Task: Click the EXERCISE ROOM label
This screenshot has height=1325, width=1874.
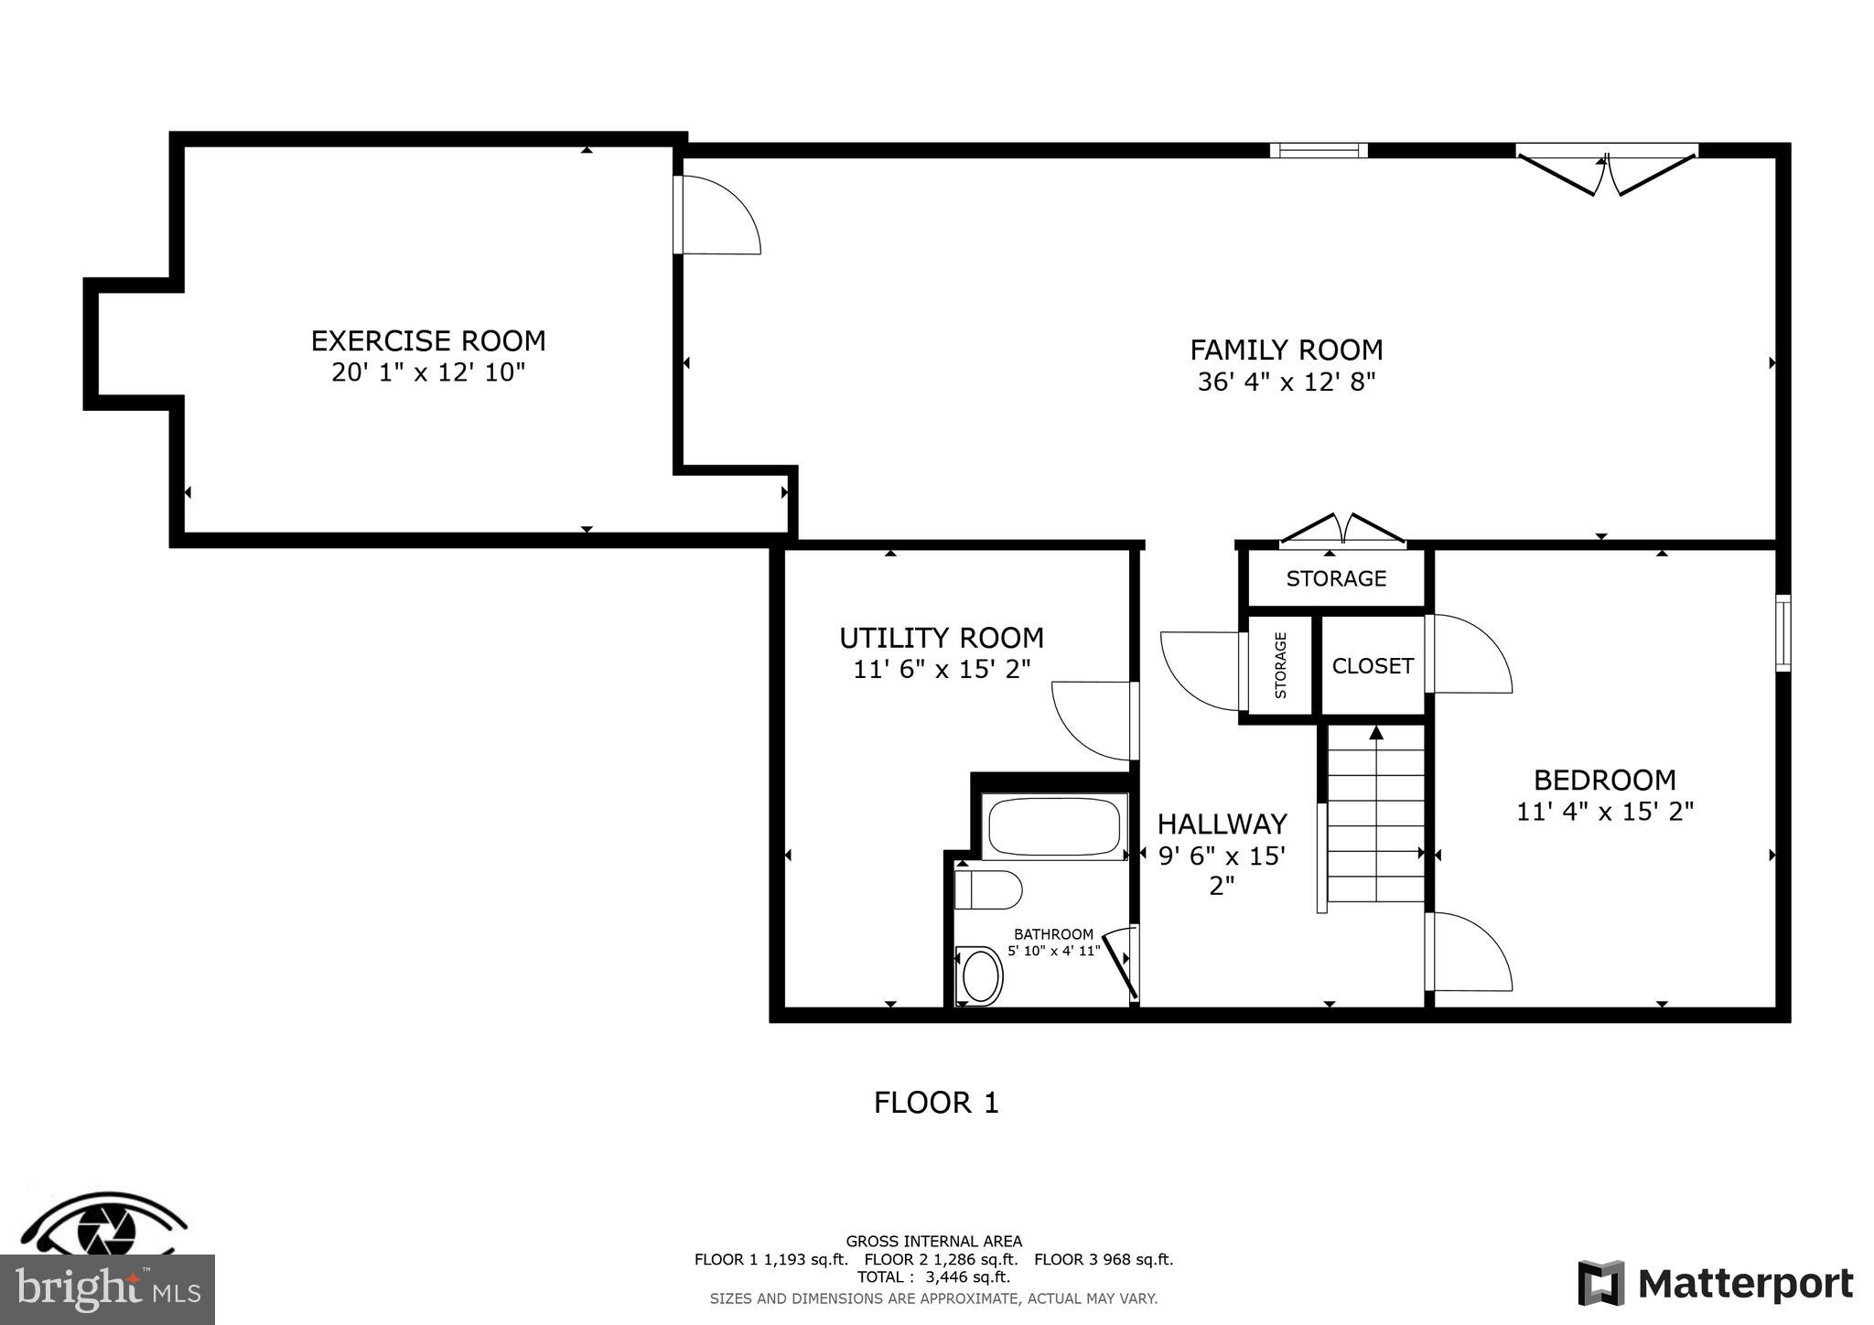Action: pos(428,341)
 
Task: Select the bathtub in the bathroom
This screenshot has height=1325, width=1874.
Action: pos(1054,827)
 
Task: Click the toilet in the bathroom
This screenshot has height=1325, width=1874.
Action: pos(987,889)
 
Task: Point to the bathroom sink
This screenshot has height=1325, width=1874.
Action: pos(979,975)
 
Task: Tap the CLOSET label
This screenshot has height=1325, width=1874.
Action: pos(1373,666)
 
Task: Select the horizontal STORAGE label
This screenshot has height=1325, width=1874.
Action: pos(1336,578)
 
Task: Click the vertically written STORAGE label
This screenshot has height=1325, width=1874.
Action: pos(1280,665)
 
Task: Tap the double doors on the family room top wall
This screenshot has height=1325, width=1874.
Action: pos(1607,172)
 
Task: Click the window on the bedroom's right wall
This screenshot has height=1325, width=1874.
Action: pos(1782,633)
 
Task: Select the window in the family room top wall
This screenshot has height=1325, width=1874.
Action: pos(1319,151)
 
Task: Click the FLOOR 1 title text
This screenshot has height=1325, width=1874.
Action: pos(936,1103)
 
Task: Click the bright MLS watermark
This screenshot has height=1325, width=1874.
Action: pos(107,1290)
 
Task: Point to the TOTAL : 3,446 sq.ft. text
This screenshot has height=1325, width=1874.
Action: pos(933,1277)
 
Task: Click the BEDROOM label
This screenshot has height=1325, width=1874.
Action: pos(1605,781)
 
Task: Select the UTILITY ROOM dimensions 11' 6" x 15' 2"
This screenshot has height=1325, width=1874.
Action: pos(942,670)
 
